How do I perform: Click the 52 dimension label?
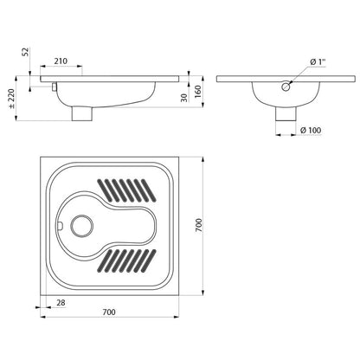[x=26, y=52]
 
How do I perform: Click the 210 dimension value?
[x=61, y=61]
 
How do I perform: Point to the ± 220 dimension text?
[x=11, y=98]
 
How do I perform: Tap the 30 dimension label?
[x=184, y=98]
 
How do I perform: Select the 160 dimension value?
[x=198, y=92]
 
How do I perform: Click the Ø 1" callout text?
[x=318, y=61]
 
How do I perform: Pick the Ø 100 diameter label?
[x=311, y=130]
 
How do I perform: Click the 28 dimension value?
[x=61, y=302]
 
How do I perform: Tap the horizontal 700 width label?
[x=109, y=312]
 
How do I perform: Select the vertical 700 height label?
[x=199, y=225]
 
